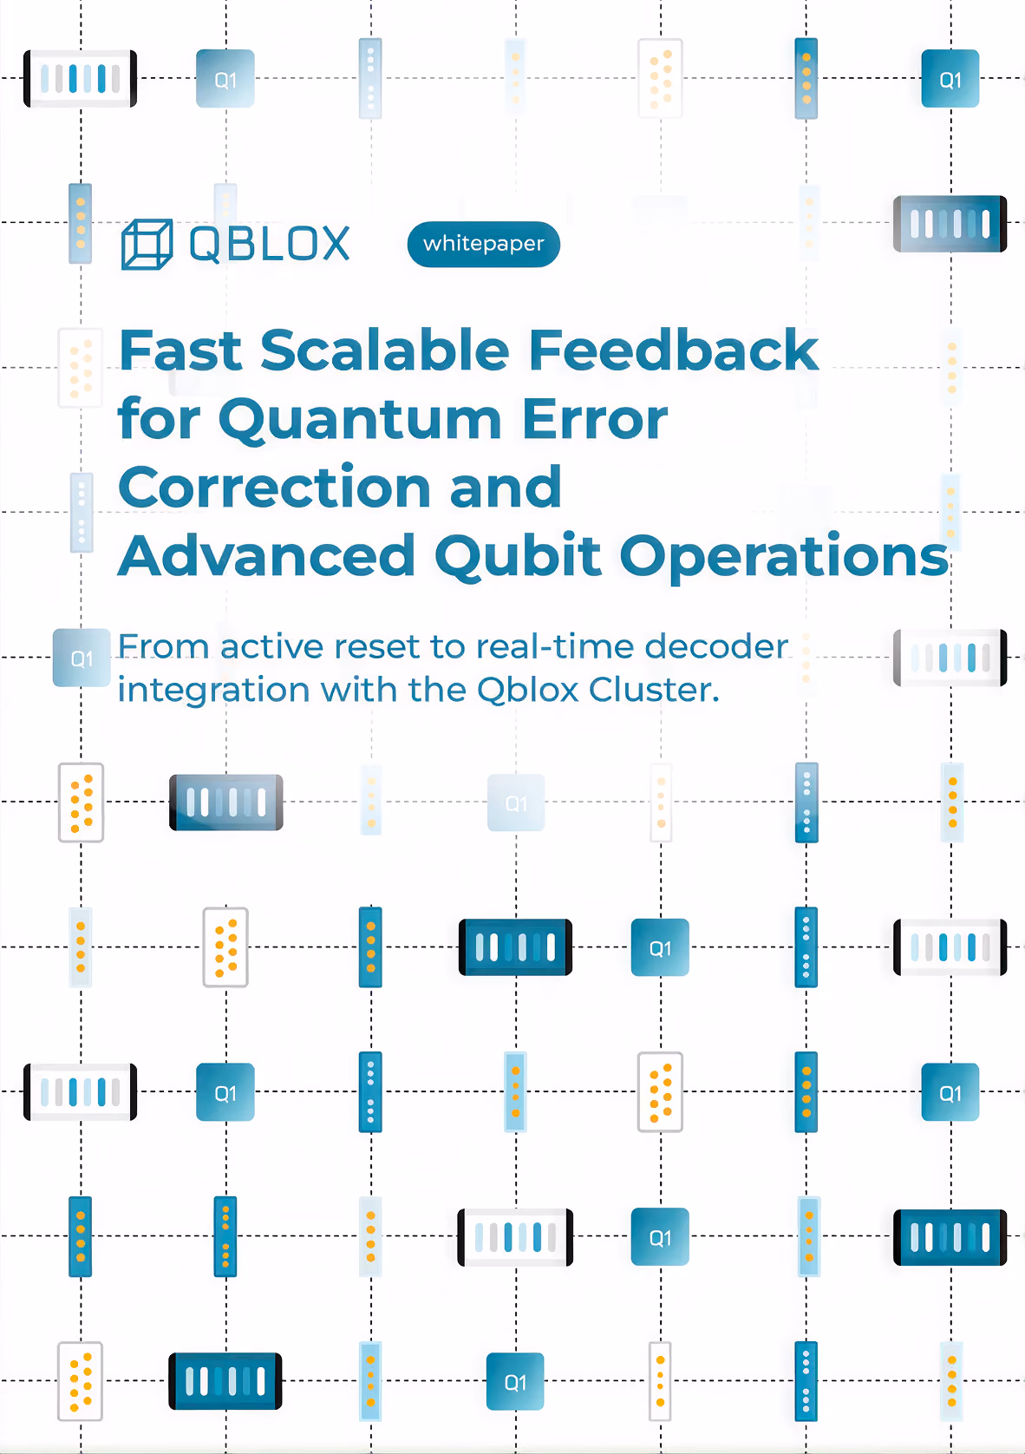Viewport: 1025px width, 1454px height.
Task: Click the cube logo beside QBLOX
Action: tap(147, 244)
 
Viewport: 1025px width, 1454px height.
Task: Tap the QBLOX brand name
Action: tap(269, 244)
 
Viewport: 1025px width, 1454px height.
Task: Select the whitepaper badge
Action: tap(483, 244)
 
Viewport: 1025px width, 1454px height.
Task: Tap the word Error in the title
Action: tap(595, 420)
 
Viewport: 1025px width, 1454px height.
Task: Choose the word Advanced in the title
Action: tap(266, 555)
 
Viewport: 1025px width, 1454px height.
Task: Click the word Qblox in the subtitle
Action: tap(527, 690)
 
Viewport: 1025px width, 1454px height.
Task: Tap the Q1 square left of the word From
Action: tap(82, 658)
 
